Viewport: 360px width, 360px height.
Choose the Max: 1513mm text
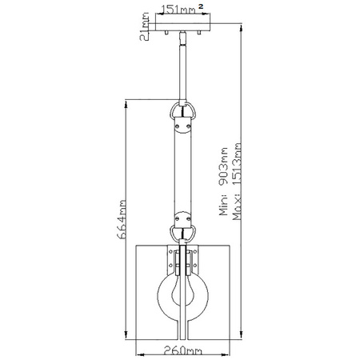click(x=237, y=183)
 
